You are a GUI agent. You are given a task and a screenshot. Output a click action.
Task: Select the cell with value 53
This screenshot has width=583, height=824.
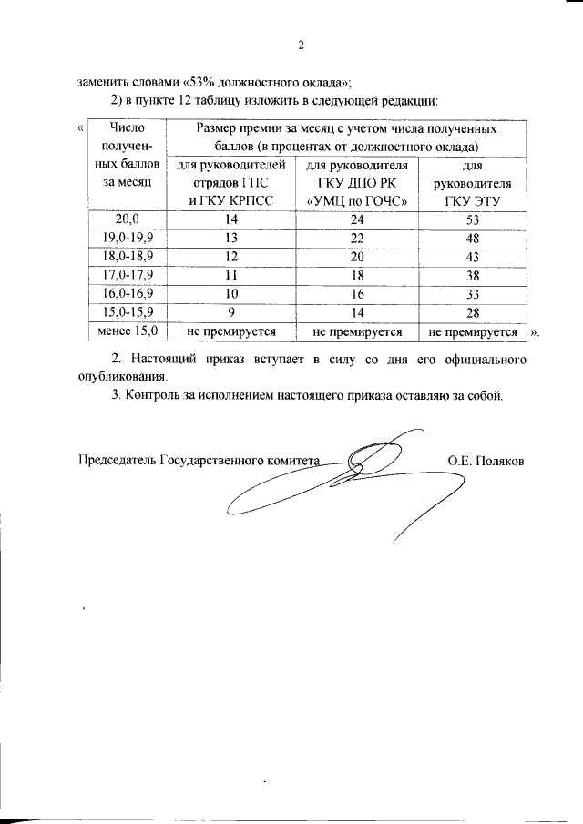coord(472,219)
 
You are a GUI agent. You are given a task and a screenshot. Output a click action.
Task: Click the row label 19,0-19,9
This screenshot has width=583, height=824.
coord(128,238)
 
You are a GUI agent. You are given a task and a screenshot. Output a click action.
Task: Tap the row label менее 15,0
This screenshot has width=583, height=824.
coord(128,331)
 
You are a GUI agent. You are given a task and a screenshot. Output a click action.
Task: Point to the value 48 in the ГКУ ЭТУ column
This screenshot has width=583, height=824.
coord(472,238)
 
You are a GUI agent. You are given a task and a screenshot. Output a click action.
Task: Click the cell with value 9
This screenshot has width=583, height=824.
coord(231,313)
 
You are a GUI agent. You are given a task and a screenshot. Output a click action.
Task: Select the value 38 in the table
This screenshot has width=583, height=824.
coord(472,275)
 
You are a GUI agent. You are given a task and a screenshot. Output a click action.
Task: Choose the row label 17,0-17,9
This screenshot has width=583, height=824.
coord(128,275)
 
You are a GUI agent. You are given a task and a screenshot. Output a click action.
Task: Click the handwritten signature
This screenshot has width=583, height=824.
coord(364,483)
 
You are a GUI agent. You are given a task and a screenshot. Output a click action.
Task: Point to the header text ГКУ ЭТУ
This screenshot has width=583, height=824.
coord(472,200)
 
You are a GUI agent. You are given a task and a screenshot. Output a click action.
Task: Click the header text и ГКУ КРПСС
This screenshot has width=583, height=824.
coord(231,200)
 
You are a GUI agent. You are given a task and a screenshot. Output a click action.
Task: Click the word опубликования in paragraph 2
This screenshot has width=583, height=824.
coord(122,376)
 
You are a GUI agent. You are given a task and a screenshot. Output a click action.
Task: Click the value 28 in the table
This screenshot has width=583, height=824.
coord(472,313)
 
